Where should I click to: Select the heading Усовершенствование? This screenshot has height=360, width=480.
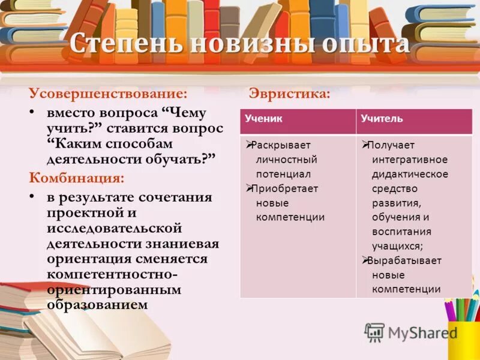(109, 94)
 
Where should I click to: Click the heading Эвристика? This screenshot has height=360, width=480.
(289, 94)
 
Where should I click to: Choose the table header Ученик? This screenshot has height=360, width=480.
(263, 119)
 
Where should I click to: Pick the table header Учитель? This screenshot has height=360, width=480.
(382, 119)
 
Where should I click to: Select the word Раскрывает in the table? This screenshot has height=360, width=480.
(281, 145)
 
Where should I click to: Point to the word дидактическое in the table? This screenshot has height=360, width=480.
(410, 174)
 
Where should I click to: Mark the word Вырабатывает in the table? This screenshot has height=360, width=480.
(405, 260)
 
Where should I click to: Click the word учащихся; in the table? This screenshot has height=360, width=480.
(397, 246)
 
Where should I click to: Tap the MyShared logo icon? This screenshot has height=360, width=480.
(374, 332)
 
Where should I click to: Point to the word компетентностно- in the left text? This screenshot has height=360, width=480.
(112, 274)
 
